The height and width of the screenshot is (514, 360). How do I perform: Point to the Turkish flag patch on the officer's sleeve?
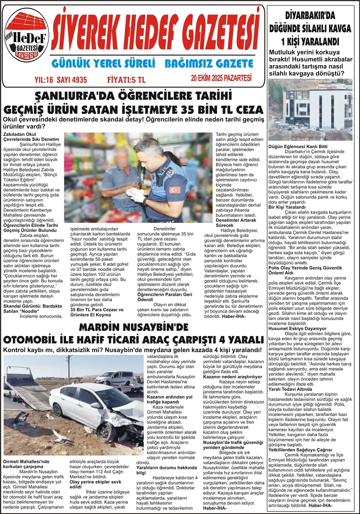[175, 189]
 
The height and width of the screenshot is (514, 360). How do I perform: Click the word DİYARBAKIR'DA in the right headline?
[309, 17]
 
